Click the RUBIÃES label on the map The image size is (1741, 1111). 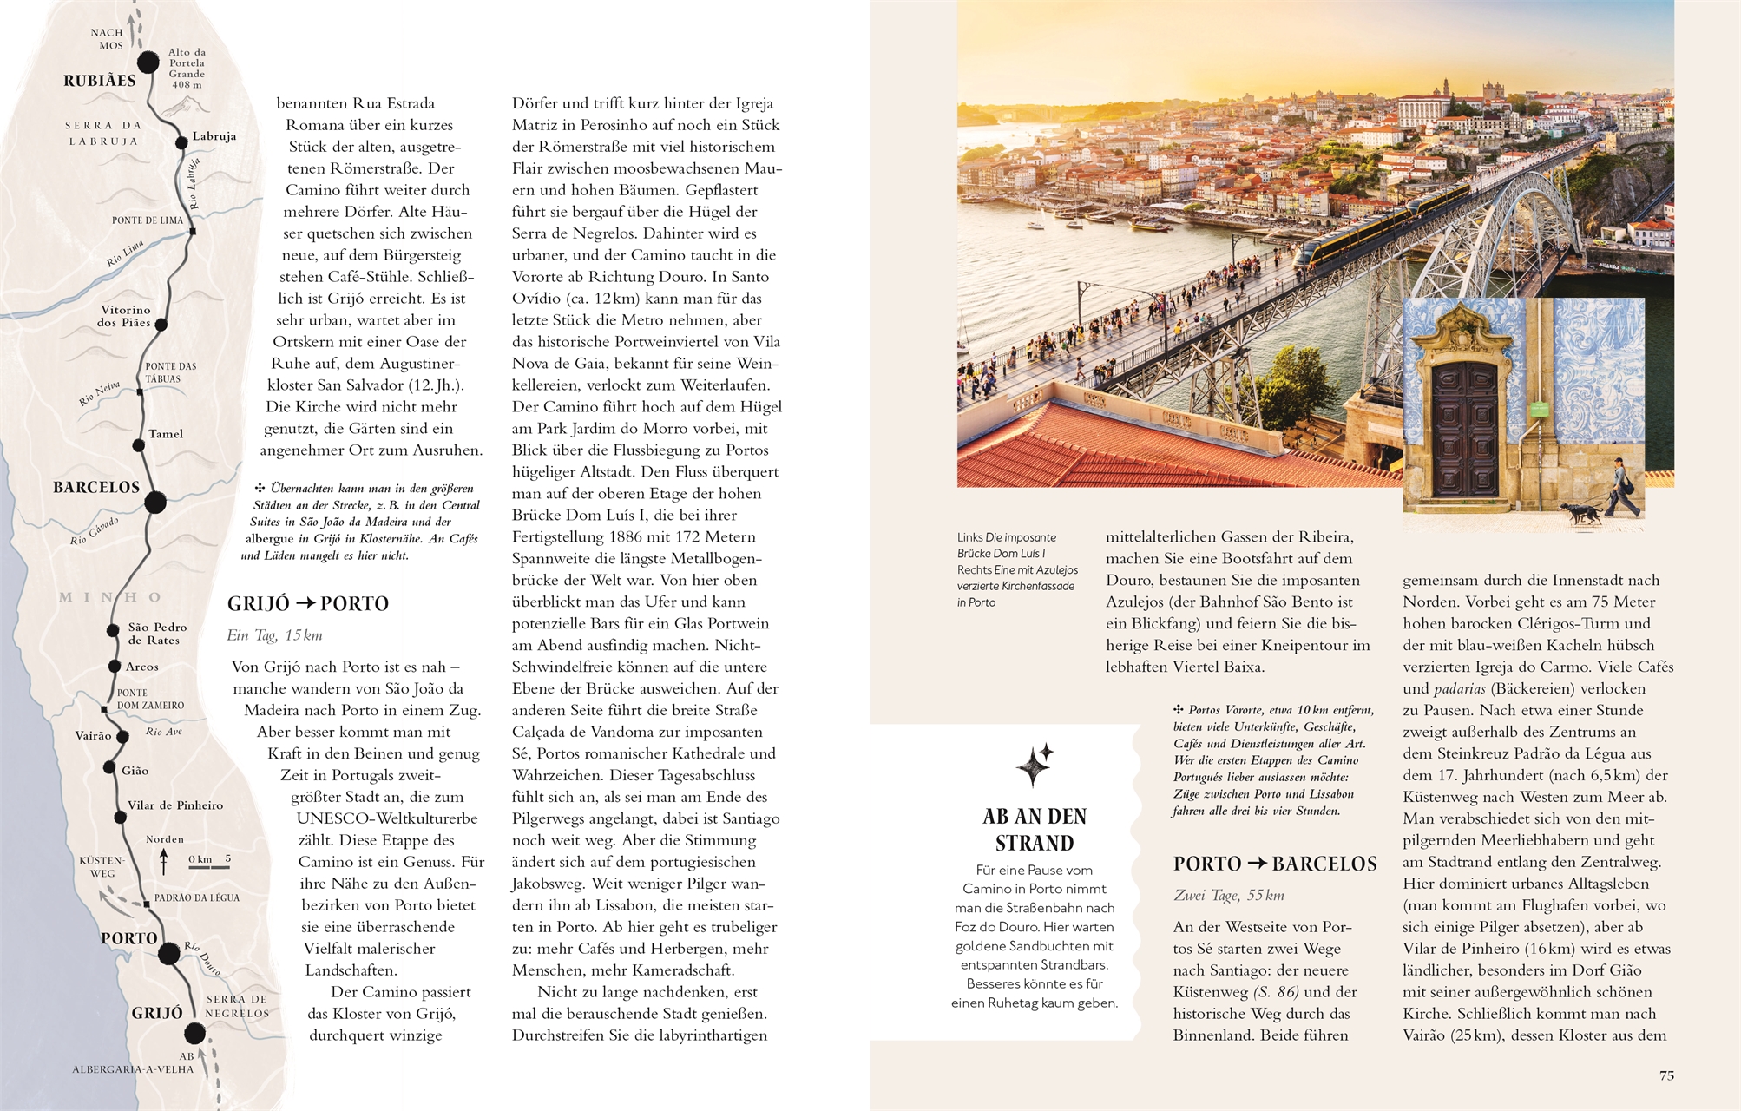(x=100, y=81)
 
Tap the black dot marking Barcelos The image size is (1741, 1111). (x=155, y=502)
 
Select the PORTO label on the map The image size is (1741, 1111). (x=129, y=938)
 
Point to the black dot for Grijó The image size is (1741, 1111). (x=194, y=1033)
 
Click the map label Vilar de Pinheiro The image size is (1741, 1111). (x=175, y=805)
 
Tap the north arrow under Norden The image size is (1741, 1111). (x=164, y=862)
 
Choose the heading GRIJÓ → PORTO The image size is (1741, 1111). (x=308, y=604)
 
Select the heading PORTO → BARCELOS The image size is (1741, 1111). (x=1275, y=864)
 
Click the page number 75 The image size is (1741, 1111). (x=1666, y=1075)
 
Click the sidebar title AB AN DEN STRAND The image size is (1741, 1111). (x=1035, y=830)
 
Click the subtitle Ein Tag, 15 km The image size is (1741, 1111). (x=274, y=635)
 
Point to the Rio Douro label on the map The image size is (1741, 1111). (x=202, y=957)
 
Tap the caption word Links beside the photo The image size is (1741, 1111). (x=969, y=537)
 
